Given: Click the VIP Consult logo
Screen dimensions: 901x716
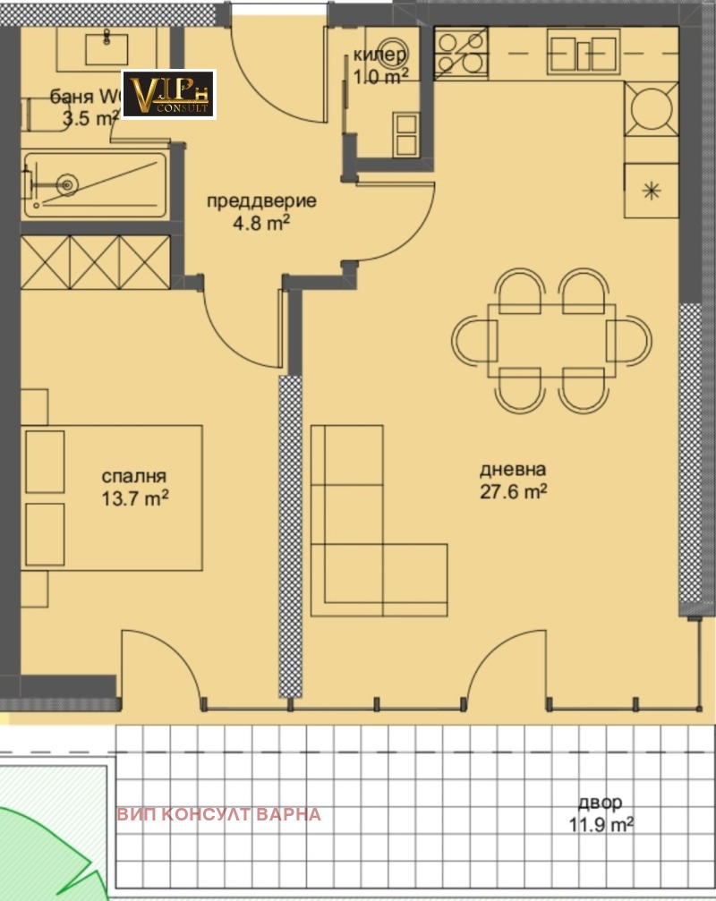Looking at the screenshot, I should point(168,94).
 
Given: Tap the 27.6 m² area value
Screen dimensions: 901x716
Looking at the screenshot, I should point(513,491).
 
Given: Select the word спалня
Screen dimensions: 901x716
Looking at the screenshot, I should point(134,477).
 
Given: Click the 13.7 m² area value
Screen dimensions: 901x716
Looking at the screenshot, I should point(134,498).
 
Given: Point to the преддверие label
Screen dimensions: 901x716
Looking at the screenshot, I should point(261,200).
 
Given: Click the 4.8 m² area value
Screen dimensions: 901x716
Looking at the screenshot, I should point(261,223).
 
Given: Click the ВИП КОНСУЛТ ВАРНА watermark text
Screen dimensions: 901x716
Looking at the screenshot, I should point(218,814).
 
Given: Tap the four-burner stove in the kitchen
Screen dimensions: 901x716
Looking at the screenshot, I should point(461,52).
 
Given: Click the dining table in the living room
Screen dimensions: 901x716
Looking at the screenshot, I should point(550,341).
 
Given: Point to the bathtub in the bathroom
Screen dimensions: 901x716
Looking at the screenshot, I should point(94,185).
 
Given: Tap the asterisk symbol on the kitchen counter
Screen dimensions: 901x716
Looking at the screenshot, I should point(652,191).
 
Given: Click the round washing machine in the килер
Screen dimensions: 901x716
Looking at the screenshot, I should point(390,53).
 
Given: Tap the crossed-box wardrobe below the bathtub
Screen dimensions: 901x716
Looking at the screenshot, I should point(94,261).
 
